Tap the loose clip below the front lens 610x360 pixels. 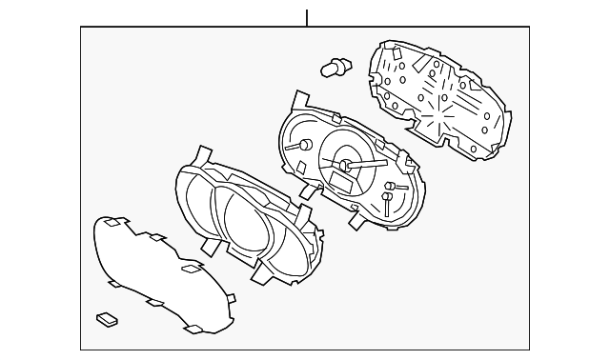(106, 318)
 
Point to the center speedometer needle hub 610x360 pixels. (346, 168)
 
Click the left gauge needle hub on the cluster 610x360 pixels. (305, 145)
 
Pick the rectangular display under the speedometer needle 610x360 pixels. (341, 179)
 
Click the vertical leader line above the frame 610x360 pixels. (307, 17)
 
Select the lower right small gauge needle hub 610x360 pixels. (387, 199)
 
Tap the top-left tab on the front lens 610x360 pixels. (113, 223)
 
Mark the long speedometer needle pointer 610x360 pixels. (368, 165)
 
